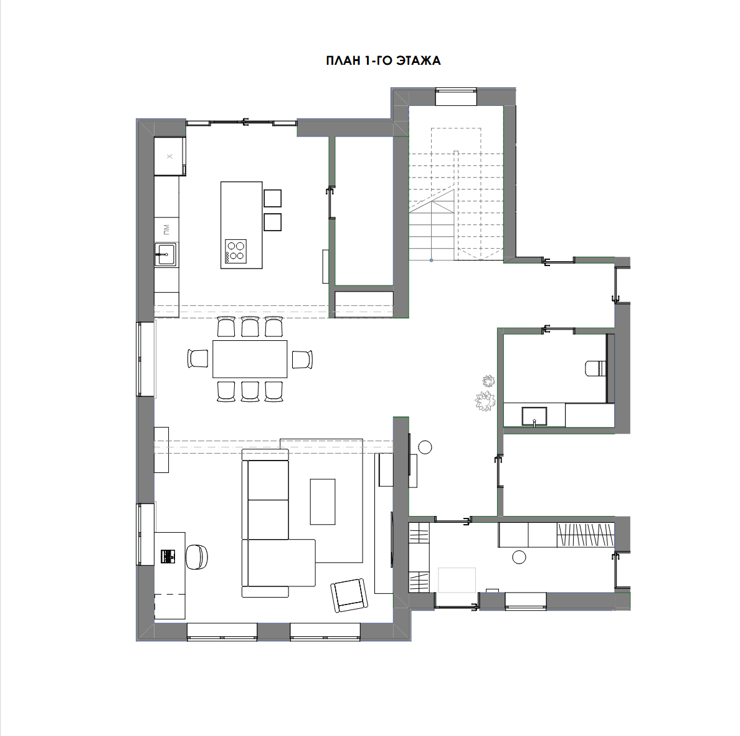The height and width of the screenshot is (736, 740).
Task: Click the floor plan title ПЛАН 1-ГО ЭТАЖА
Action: (x=383, y=61)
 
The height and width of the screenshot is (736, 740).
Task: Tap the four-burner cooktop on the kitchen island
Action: (x=235, y=251)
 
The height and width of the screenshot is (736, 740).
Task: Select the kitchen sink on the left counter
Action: (x=166, y=255)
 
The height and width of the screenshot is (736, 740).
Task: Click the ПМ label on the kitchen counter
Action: (x=166, y=230)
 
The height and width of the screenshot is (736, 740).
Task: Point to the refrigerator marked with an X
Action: (x=169, y=156)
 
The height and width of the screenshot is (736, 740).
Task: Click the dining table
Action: (x=250, y=359)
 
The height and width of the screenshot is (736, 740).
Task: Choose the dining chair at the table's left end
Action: (x=197, y=358)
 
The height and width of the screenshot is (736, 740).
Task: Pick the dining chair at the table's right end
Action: (x=302, y=359)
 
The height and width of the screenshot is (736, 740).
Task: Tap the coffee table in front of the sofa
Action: (x=322, y=502)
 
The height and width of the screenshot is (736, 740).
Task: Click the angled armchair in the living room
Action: (x=349, y=595)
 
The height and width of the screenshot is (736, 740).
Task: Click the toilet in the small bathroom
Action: (x=595, y=368)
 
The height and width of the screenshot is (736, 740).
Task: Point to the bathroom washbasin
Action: (x=534, y=416)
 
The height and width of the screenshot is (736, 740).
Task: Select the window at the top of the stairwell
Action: (x=455, y=97)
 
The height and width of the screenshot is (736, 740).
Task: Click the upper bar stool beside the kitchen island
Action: (x=272, y=198)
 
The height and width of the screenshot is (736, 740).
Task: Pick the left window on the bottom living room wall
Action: (x=222, y=632)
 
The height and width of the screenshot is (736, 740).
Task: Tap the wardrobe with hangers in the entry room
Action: (x=585, y=535)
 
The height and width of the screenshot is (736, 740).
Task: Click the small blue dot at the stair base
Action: (x=431, y=260)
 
